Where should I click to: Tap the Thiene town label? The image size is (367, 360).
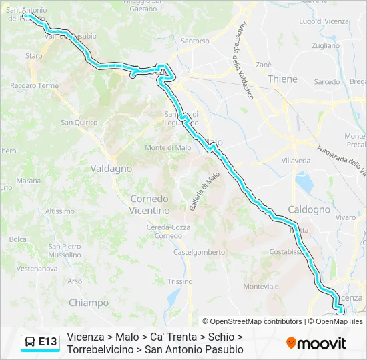[282, 79]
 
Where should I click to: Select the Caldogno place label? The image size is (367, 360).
[308, 209]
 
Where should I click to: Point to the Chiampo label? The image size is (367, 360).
[88, 303]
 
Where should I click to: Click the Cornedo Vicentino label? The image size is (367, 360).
[149, 205]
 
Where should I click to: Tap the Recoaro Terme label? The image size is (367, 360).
[34, 86]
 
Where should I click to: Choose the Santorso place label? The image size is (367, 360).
[195, 41]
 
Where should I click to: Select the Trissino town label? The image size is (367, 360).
[179, 281]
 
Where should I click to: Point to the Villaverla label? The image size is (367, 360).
[296, 161]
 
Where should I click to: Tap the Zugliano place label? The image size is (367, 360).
[325, 46]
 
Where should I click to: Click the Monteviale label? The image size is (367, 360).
[261, 286]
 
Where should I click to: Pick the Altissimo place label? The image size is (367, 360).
[60, 211]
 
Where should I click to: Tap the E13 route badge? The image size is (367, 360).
[47, 342]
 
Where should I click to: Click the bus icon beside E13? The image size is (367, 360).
[30, 342]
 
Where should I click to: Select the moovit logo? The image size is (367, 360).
[316, 343]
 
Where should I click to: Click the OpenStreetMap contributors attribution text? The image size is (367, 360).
[252, 321]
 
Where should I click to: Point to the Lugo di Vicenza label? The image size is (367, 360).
[324, 21]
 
